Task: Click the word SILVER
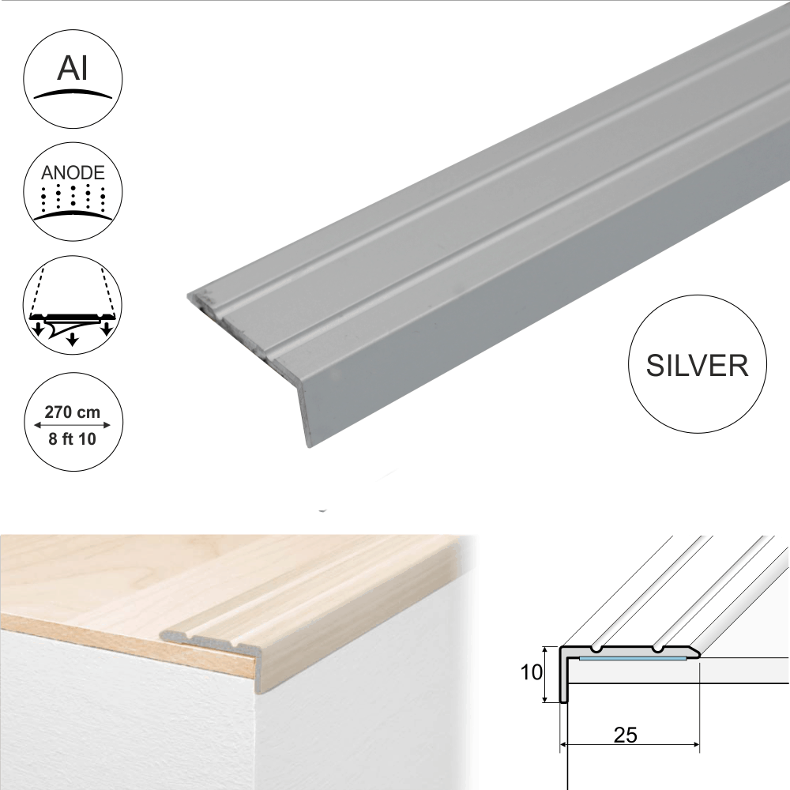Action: coord(697,365)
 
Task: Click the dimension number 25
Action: coord(626,735)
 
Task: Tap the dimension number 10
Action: coord(532,672)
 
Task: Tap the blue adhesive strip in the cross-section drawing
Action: coord(632,657)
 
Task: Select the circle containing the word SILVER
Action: coord(697,365)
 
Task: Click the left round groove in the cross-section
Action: coord(599,650)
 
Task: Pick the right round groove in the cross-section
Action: coord(657,650)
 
